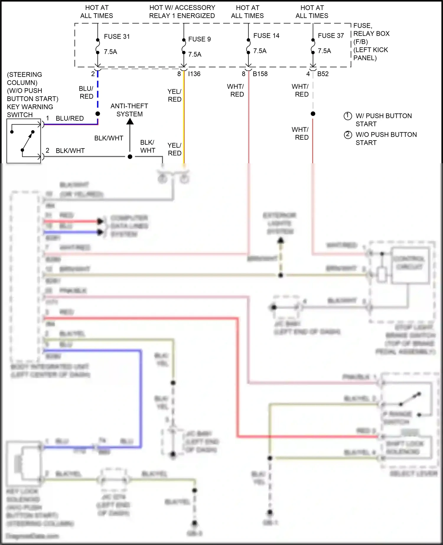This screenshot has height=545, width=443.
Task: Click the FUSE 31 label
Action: point(117,37)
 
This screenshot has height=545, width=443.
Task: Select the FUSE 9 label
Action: point(199,39)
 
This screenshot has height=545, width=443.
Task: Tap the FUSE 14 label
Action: point(266,36)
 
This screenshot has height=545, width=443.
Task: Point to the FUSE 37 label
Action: point(331,36)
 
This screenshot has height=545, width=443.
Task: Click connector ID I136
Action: point(194,74)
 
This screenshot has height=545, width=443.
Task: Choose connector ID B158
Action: point(260,74)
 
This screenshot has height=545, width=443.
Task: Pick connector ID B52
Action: point(323,74)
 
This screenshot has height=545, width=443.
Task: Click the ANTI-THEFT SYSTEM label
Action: point(129,110)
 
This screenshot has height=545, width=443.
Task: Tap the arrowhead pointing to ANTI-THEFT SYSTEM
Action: point(130,121)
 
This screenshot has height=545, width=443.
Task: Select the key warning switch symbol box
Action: point(24,141)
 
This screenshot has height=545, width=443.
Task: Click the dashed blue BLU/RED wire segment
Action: point(97,92)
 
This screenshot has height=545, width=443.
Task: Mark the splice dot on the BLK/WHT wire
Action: point(130,157)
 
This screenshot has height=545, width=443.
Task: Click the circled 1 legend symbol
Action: point(348,116)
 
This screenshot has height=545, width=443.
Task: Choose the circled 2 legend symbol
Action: point(348,135)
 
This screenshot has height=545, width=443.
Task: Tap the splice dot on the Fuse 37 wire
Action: point(313,114)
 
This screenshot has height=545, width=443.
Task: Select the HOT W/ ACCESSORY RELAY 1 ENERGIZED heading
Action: point(182,12)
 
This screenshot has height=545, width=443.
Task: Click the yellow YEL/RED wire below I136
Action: point(184,124)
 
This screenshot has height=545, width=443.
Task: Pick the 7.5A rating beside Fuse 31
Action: point(110,52)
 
